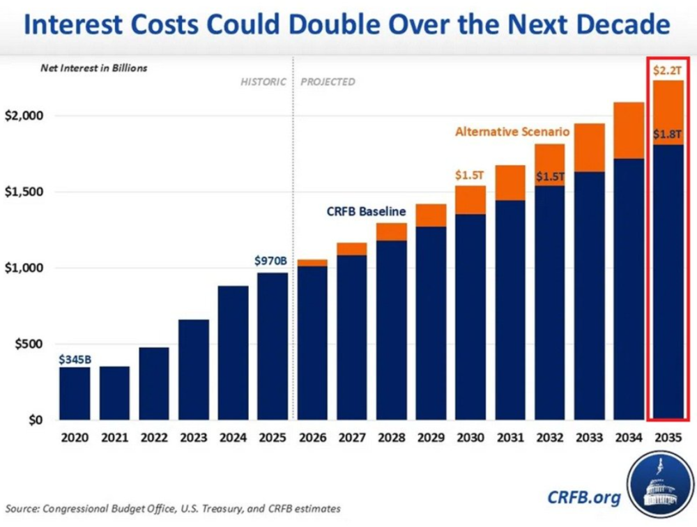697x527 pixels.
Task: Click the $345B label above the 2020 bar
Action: point(75,360)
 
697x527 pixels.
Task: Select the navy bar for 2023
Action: point(194,369)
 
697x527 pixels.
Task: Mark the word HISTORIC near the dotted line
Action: point(263,82)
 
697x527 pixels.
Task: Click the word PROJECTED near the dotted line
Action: point(328,82)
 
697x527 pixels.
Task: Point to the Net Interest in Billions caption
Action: point(103,68)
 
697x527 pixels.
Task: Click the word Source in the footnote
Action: point(24,509)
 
